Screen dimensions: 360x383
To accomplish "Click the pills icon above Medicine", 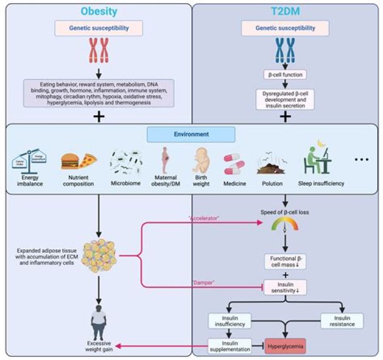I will (x=235, y=164).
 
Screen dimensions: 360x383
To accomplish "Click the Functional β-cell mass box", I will (x=285, y=261).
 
